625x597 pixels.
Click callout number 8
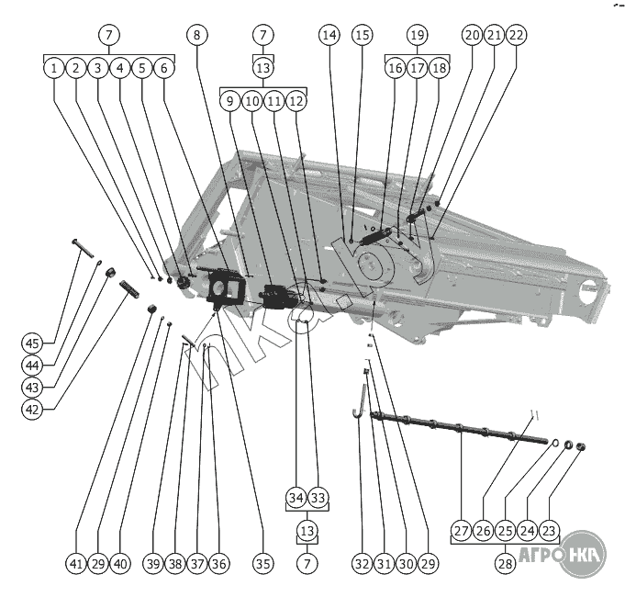[196, 35]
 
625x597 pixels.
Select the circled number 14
[329, 35]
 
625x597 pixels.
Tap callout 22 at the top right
[517, 35]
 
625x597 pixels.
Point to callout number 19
[417, 35]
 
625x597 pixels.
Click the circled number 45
[33, 344]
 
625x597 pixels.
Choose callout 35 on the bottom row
[262, 563]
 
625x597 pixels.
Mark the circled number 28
[505, 563]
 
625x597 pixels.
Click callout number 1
[54, 67]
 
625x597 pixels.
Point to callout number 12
[296, 101]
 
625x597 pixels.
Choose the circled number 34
[296, 498]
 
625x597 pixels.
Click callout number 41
[75, 563]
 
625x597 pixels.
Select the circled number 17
[417, 68]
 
